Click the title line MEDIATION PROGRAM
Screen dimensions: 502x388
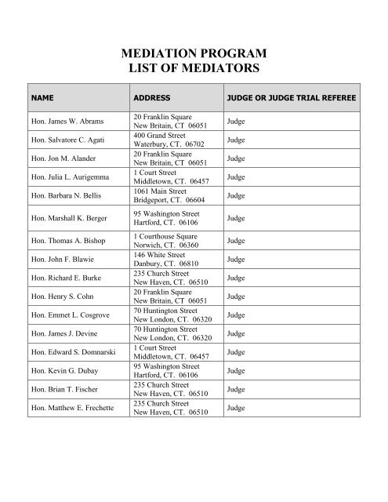pyautogui.click(x=194, y=54)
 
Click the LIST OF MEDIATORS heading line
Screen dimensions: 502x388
pyautogui.click(x=194, y=71)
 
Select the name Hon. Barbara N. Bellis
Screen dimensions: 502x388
pyautogui.click(x=64, y=194)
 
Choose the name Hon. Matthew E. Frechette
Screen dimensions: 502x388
pyautogui.click(x=70, y=409)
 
